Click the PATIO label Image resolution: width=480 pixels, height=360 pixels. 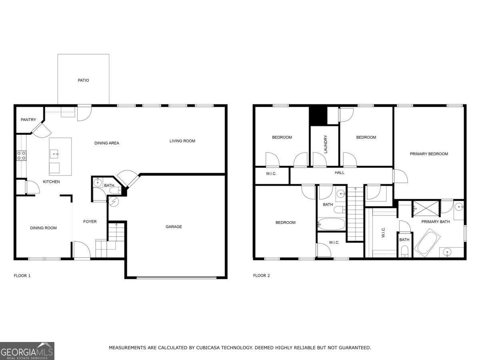click(x=83, y=80)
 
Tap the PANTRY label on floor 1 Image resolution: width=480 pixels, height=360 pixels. click(x=28, y=120)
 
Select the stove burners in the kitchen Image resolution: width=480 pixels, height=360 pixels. click(x=22, y=156)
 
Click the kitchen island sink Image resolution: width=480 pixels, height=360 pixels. click(x=54, y=154)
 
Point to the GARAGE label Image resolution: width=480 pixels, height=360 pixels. click(x=174, y=227)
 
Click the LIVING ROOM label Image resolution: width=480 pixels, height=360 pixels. click(x=182, y=141)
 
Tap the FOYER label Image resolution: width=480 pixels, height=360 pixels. click(x=90, y=222)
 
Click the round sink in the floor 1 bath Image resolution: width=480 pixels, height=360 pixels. click(x=98, y=182)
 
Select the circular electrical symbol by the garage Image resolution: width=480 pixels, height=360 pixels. click(x=114, y=202)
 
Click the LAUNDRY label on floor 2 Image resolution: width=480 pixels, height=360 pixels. click(x=325, y=144)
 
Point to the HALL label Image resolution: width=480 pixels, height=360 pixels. click(x=340, y=173)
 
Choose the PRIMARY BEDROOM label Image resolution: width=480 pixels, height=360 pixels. click(x=429, y=154)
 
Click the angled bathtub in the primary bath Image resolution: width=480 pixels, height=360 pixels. click(x=427, y=243)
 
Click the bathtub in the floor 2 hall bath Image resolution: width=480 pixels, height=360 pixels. click(x=331, y=224)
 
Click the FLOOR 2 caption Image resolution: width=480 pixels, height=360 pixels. click(x=261, y=276)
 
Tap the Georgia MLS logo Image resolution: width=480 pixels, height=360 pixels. click(x=27, y=351)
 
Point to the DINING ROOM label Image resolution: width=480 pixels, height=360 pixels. click(x=43, y=228)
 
